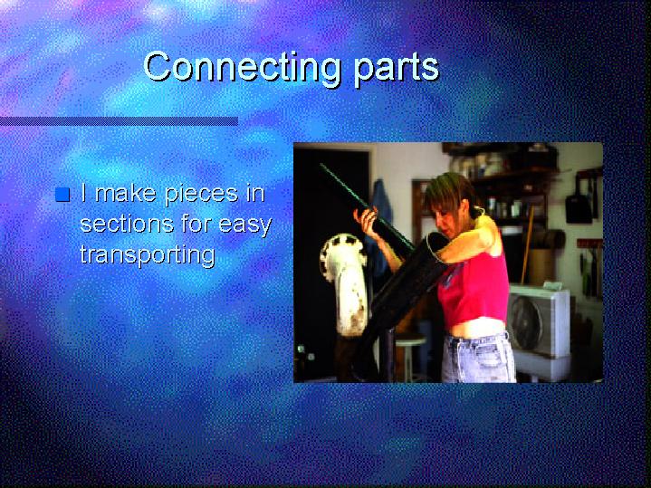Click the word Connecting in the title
click(x=243, y=67)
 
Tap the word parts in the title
click(x=396, y=69)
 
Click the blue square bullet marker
click(x=62, y=195)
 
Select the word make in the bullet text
click(x=126, y=193)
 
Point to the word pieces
click(x=201, y=195)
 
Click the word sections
click(x=127, y=225)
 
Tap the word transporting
click(x=148, y=254)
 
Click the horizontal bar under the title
click(x=119, y=121)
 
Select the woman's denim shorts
click(x=477, y=358)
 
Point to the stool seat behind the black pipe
click(x=410, y=340)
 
